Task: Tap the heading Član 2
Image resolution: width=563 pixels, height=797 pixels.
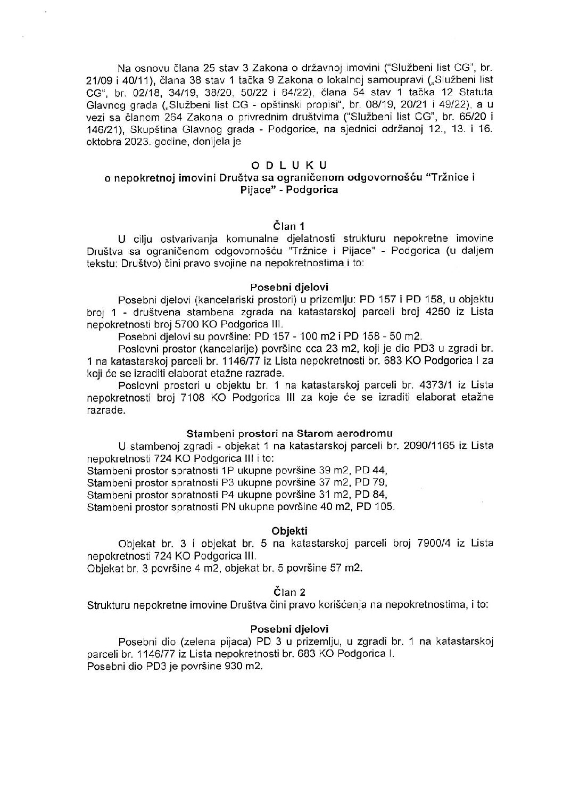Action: click(289, 591)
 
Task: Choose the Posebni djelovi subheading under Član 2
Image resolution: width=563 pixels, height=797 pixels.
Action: click(289, 628)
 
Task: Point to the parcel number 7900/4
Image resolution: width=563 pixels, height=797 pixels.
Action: click(432, 543)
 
